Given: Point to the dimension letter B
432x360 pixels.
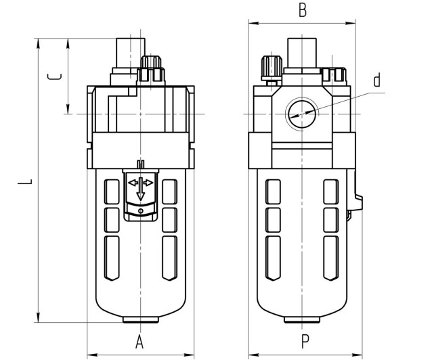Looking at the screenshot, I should coord(303,10).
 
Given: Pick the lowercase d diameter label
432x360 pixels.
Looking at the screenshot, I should coord(377,81).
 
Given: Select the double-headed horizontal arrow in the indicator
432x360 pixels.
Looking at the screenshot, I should coord(140,183).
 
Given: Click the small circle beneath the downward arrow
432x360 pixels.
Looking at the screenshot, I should coord(140,211).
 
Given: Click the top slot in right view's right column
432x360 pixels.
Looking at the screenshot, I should coord(330,191).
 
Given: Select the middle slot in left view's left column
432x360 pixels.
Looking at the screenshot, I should coord(112,219).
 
